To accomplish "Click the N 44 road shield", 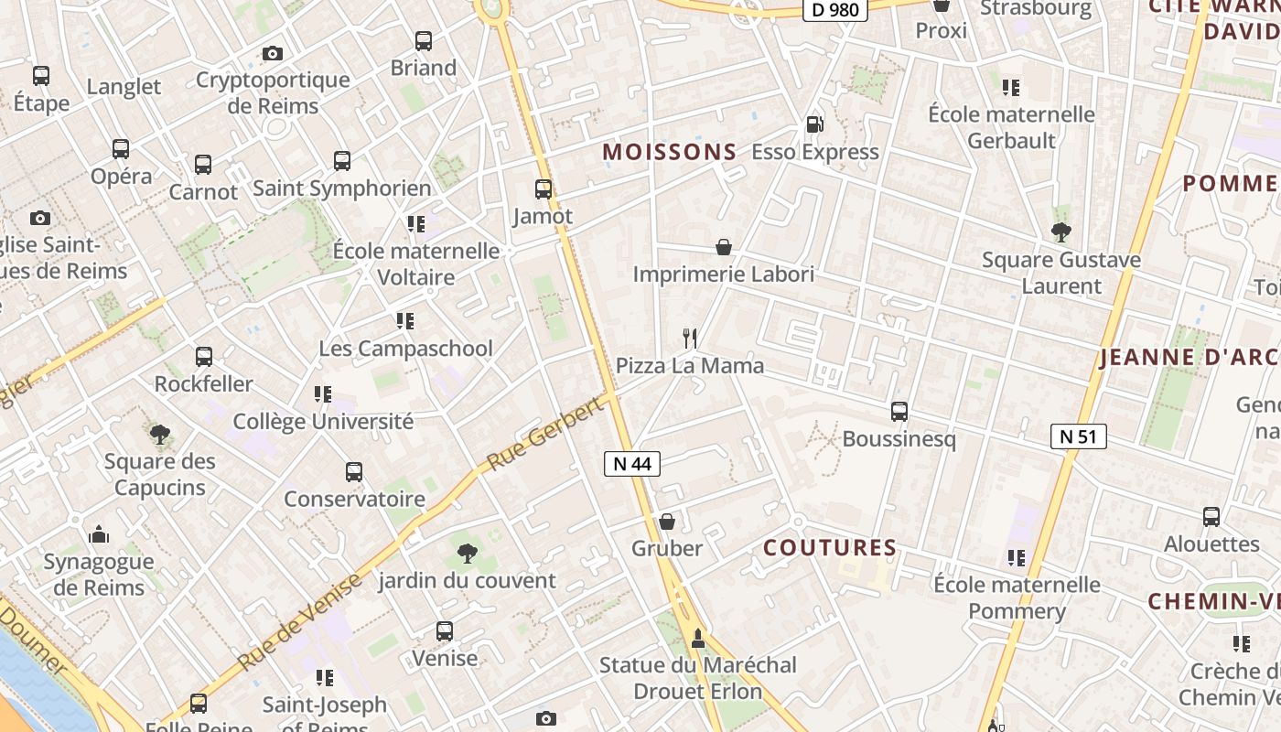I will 632,464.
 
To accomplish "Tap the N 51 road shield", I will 1078,436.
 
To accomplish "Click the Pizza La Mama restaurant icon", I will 691,339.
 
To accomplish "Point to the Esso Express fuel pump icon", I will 814,124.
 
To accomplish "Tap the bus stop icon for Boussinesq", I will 899,412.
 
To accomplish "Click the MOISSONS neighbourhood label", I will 670,152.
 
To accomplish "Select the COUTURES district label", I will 830,548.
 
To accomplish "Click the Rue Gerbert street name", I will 547,434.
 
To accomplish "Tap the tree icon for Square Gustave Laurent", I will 1061,231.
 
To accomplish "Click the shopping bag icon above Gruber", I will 667,522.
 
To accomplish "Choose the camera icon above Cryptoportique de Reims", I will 272,53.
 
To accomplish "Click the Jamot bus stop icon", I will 544,189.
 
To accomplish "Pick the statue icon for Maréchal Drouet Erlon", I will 698,638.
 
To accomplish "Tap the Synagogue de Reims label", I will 98,574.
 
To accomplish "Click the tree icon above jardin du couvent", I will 467,553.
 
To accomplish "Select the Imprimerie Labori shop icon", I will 724,247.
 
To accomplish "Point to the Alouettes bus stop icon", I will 1211,517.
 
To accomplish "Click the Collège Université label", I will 323,422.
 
